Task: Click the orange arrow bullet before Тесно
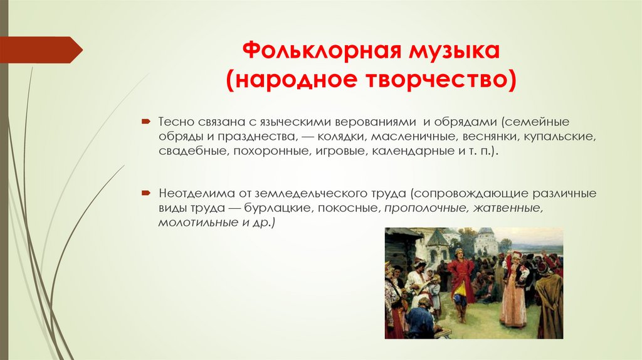point(145,120)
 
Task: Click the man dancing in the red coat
point(461,282)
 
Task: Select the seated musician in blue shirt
point(419,320)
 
